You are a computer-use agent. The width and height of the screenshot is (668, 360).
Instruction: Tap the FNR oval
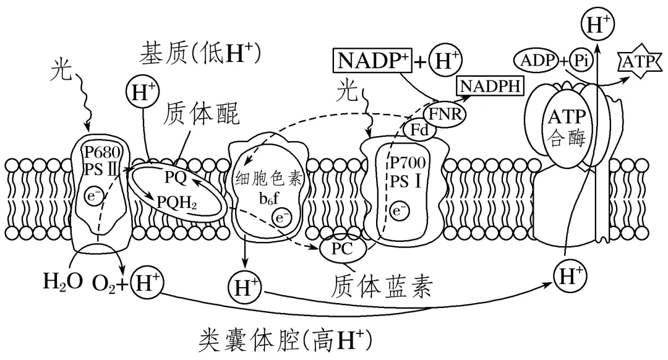[x=445, y=113]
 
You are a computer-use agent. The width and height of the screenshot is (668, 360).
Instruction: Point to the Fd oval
[x=420, y=129]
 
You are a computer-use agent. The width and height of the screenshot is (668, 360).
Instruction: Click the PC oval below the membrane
[x=337, y=251]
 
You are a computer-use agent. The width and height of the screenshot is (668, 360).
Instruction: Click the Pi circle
[x=581, y=59]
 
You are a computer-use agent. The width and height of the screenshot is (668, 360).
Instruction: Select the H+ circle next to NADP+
[x=446, y=61]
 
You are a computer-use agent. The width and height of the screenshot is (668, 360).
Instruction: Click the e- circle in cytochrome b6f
[x=281, y=218]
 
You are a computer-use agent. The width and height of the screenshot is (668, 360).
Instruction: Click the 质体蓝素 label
[x=380, y=285]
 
